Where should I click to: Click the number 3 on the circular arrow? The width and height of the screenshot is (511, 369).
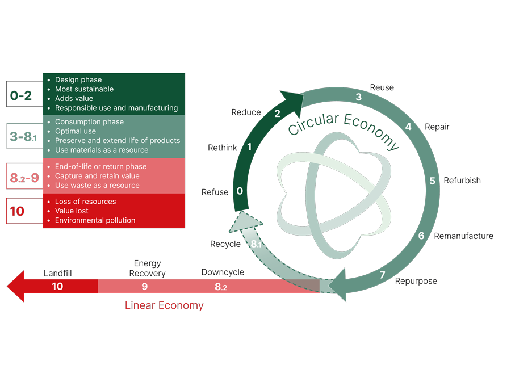coord(358,97)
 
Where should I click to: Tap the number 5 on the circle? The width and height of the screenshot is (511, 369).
coord(432,181)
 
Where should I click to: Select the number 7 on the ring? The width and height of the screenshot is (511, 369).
coord(382,275)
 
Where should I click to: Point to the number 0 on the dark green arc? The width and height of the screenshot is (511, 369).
coord(240,191)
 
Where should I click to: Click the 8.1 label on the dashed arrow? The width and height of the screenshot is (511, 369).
coord(256,244)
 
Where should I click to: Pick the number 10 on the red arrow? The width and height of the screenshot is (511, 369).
coord(57,286)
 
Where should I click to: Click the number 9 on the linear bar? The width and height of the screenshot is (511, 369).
coord(145,286)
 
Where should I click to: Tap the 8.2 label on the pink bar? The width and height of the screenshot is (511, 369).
coord(220,287)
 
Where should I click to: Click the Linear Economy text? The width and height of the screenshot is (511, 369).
coord(164,305)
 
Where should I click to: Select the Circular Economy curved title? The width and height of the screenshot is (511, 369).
coord(344,128)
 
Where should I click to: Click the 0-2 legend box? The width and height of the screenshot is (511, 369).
coord(21,96)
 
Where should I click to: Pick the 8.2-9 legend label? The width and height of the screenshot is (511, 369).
coord(24,178)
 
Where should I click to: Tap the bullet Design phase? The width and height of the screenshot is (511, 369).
coord(78,80)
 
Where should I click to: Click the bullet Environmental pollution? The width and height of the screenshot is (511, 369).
coord(95,220)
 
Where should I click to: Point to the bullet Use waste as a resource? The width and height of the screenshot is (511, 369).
coord(97,185)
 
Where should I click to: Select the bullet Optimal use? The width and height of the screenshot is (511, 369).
coord(76,131)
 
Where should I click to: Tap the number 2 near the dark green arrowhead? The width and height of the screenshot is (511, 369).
coord(277,114)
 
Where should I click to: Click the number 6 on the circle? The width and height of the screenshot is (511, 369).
coord(421,236)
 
